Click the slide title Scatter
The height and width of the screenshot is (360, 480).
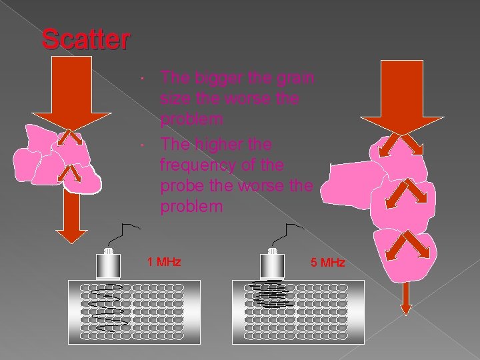(85, 39)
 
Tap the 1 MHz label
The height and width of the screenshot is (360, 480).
(163, 261)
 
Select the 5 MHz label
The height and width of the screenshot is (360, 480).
(327, 263)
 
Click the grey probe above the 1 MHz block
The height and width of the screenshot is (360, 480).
(109, 265)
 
